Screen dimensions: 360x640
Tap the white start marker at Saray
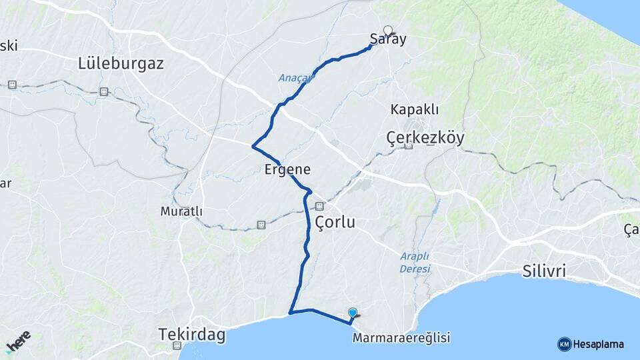pyautogui.click(x=388, y=30)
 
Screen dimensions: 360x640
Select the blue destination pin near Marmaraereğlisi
pyautogui.click(x=353, y=312)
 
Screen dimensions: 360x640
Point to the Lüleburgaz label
pyautogui.click(x=121, y=65)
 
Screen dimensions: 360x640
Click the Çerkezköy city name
pyautogui.click(x=425, y=137)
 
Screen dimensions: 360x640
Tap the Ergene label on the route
pyautogui.click(x=287, y=169)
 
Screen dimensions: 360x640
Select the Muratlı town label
pyautogui.click(x=181, y=211)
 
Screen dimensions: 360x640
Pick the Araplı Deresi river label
pyautogui.click(x=415, y=262)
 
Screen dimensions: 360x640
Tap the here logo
pyautogui.click(x=17, y=340)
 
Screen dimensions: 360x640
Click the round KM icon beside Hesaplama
pyautogui.click(x=564, y=344)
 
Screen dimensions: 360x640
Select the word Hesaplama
pyautogui.click(x=598, y=344)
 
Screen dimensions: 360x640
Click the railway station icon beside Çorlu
pyautogui.click(x=319, y=206)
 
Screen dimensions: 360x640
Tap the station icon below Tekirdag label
pyautogui.click(x=177, y=346)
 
